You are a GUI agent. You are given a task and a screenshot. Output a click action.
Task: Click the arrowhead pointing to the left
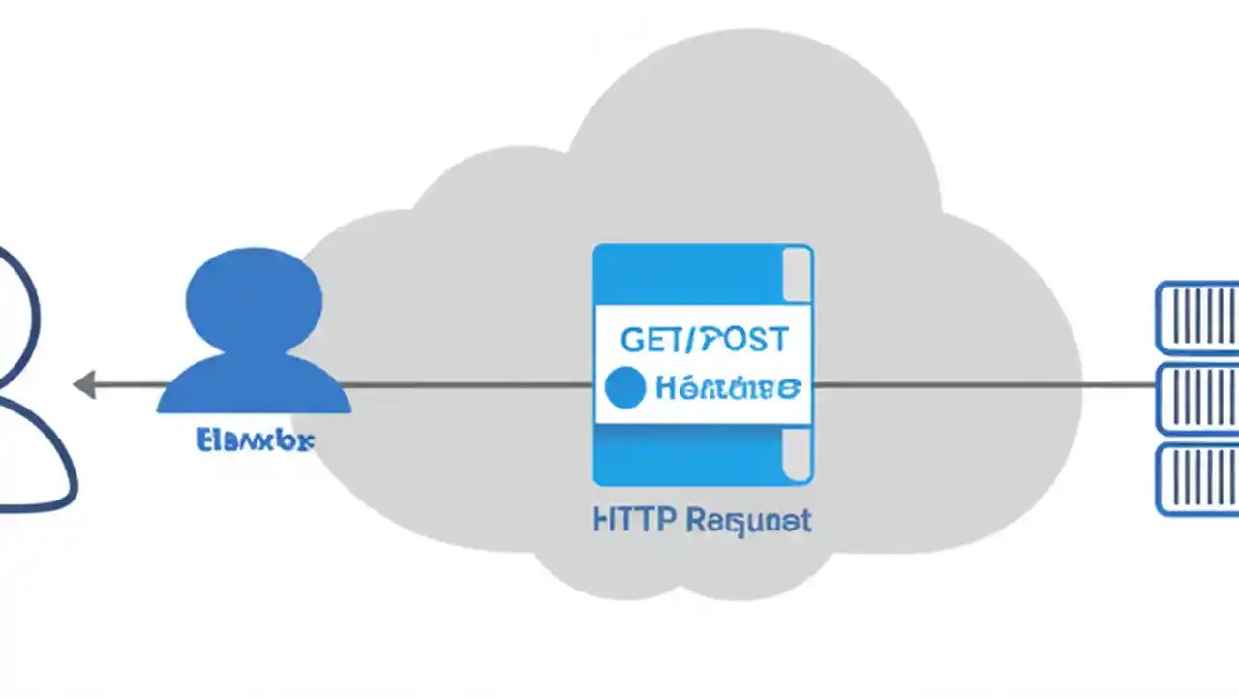tap(84, 385)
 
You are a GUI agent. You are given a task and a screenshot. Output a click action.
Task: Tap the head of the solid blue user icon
tap(255, 302)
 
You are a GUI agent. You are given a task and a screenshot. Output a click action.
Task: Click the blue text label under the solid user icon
tap(255, 441)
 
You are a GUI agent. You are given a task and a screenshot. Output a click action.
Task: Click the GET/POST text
tap(704, 340)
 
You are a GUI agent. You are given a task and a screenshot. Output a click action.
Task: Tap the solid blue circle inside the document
tap(624, 388)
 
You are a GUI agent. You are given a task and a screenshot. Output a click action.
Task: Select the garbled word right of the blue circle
tap(727, 389)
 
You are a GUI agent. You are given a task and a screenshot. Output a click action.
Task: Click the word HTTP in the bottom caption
tap(633, 521)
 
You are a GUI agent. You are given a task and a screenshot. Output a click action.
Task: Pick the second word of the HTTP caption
tap(747, 522)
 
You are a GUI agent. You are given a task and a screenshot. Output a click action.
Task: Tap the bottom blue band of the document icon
tap(687, 455)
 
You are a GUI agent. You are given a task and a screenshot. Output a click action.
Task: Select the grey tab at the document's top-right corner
tap(796, 275)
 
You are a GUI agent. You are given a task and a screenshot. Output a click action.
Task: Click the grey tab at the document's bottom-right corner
tap(796, 455)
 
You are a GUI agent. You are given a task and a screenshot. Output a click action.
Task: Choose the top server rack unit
tap(1198, 318)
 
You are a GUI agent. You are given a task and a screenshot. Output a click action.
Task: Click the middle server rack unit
tap(1198, 399)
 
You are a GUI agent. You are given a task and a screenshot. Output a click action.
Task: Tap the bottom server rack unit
tap(1198, 479)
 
